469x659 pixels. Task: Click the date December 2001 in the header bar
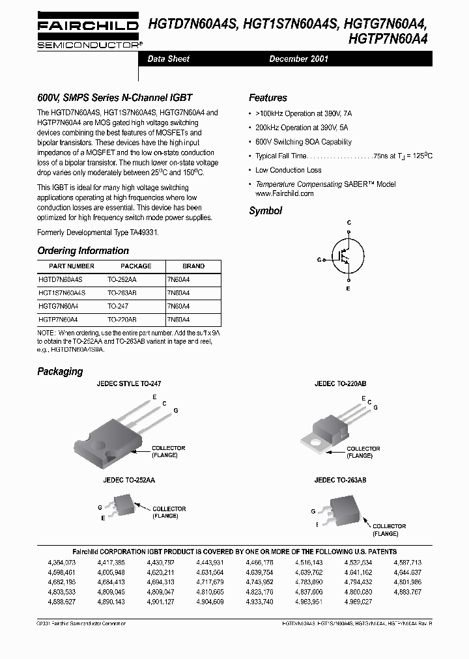pos(298,59)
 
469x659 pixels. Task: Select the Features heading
pos(268,98)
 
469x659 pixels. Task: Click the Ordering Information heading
pos(83,251)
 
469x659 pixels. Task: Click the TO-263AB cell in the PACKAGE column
pos(122,293)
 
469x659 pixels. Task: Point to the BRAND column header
pos(193,266)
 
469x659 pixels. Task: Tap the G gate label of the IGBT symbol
pos(320,259)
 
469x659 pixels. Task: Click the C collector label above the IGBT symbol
pos(348,223)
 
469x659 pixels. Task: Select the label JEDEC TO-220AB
pos(340,384)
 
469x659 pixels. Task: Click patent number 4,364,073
pos(62,561)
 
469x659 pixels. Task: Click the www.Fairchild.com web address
pos(281,193)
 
